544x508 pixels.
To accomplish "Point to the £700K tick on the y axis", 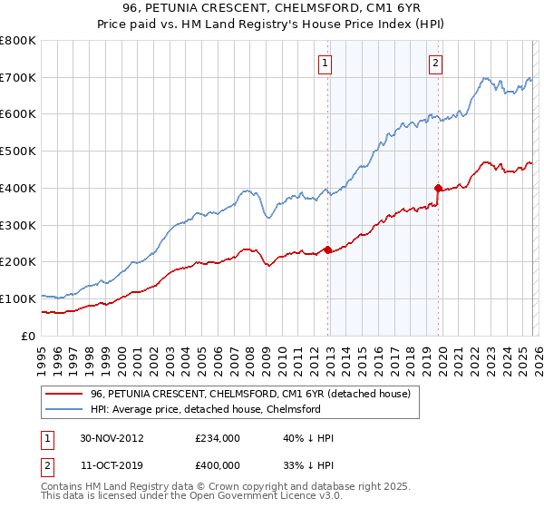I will [x=18, y=78].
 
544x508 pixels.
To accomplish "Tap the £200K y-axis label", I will [x=18, y=262].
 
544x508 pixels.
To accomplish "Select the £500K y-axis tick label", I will [x=18, y=151].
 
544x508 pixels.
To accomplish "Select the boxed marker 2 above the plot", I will [x=435, y=63].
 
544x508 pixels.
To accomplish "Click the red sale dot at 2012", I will [x=327, y=249].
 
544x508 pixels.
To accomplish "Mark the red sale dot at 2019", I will [x=437, y=189].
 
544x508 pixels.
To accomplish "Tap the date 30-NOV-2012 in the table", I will [x=111, y=437].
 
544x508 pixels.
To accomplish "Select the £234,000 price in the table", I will [x=217, y=437].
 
